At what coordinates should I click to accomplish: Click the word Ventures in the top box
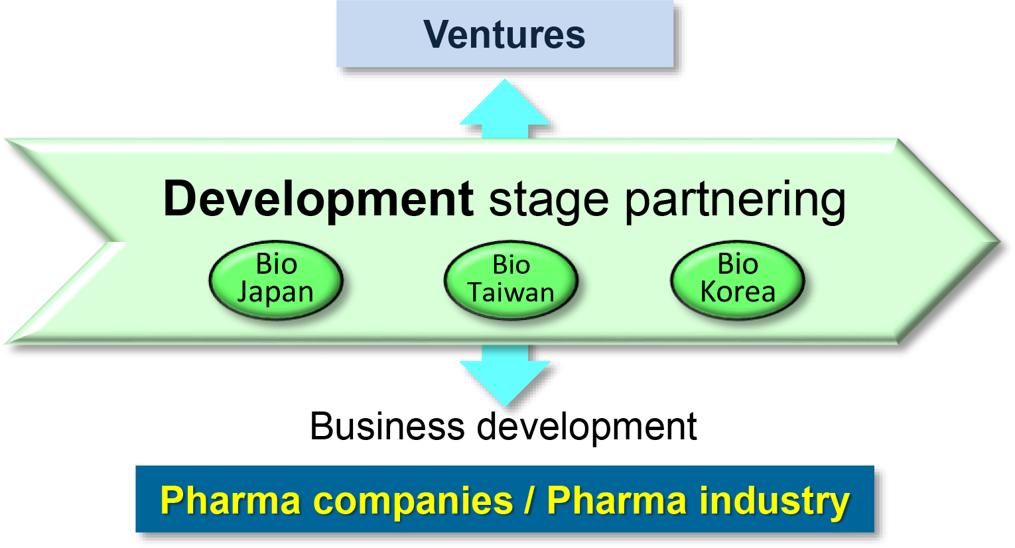click(504, 34)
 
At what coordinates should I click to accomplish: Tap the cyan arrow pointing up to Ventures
click(506, 109)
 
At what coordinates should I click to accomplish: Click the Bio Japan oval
click(276, 280)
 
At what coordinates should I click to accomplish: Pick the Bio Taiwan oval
click(511, 280)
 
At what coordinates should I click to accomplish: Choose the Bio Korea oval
click(738, 280)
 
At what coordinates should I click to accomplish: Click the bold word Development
click(318, 199)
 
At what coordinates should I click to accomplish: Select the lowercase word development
click(587, 427)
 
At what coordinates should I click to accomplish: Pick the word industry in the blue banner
click(774, 502)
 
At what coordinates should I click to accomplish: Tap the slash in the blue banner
click(528, 500)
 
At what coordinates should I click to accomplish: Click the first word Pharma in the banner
click(231, 500)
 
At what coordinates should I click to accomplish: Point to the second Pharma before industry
click(617, 500)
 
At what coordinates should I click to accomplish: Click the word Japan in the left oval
click(275, 292)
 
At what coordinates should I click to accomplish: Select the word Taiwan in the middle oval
click(511, 292)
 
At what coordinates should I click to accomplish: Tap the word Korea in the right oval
click(738, 292)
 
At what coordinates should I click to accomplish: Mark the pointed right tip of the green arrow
click(999, 242)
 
